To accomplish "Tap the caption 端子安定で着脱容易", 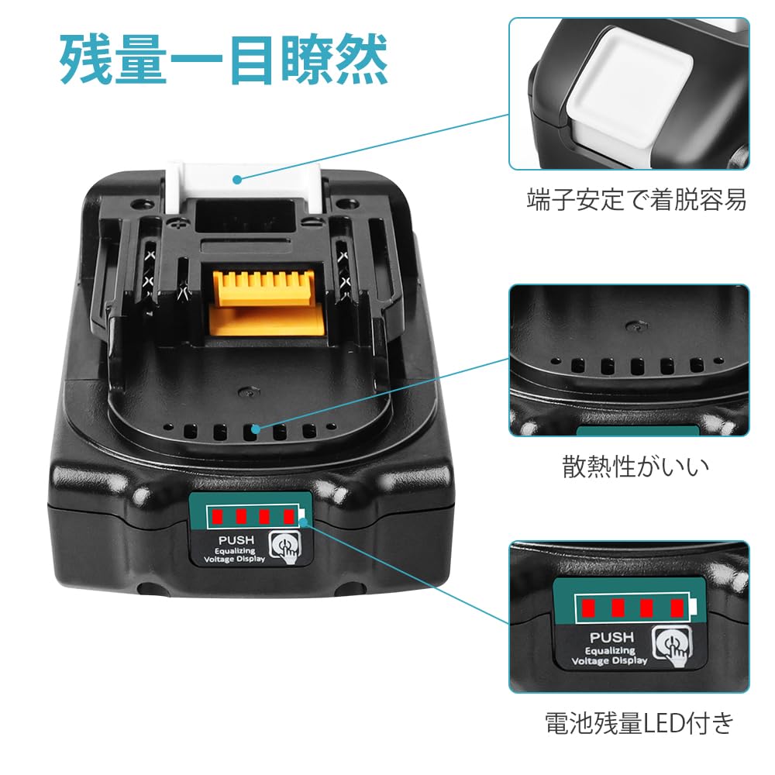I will (x=635, y=201).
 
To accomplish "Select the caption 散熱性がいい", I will (x=635, y=467).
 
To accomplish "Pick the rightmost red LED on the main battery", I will (x=289, y=515).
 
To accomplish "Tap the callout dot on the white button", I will (x=238, y=179).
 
